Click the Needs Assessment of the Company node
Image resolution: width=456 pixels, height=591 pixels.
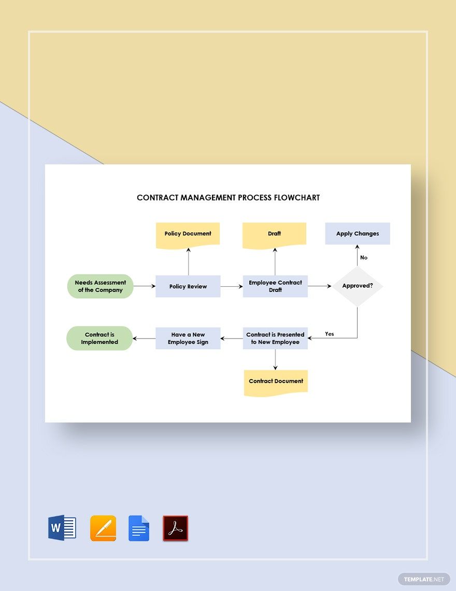click(x=101, y=286)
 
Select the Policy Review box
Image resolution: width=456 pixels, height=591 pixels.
click(x=188, y=286)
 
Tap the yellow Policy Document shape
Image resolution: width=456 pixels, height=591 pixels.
click(x=188, y=234)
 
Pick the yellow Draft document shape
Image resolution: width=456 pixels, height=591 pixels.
click(x=275, y=234)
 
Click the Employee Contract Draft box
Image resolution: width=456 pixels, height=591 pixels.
click(x=275, y=286)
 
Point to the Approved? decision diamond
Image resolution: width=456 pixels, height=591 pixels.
click(x=358, y=286)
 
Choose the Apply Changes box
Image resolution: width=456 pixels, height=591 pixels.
click(x=358, y=234)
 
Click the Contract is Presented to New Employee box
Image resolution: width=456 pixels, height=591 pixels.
click(x=275, y=338)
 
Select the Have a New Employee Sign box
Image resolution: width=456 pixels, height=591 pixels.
click(x=188, y=338)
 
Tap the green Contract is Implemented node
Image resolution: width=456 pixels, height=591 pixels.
click(x=99, y=338)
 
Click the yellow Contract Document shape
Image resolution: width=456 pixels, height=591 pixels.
click(x=276, y=382)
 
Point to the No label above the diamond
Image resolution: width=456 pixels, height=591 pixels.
click(x=364, y=257)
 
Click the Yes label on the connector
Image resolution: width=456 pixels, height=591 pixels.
click(x=330, y=334)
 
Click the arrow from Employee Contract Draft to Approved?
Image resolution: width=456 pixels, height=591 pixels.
click(x=319, y=286)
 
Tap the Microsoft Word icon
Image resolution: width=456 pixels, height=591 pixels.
click(x=62, y=528)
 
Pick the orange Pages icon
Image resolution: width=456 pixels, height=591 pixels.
click(x=103, y=528)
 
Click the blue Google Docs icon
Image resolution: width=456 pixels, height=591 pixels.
click(x=139, y=528)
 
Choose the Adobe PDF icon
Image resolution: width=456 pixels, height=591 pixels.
click(x=176, y=528)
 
